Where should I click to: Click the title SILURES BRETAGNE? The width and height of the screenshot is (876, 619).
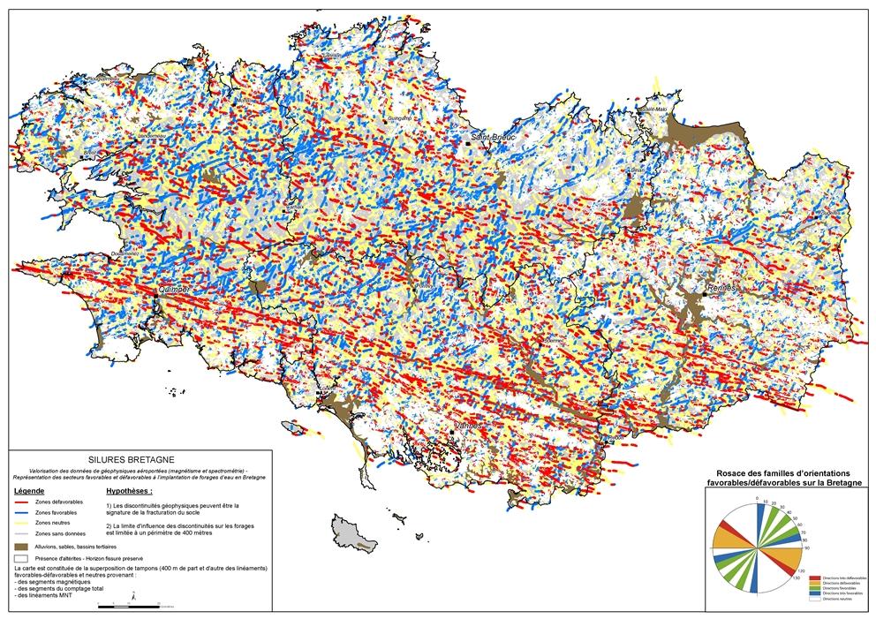click(x=137, y=460)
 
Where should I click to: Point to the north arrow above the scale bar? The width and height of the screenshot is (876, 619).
click(x=132, y=597)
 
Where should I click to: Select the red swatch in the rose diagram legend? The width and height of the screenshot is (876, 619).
click(x=813, y=577)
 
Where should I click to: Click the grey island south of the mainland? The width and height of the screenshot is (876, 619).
click(x=352, y=533)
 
